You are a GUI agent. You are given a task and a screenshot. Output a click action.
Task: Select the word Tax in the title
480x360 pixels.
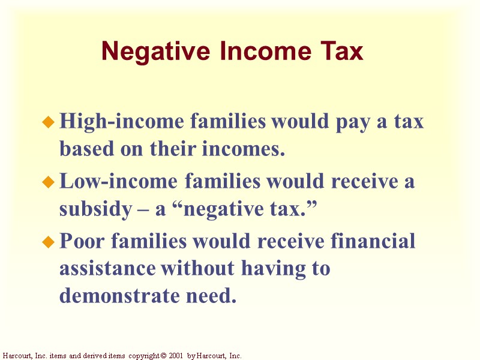point(342,52)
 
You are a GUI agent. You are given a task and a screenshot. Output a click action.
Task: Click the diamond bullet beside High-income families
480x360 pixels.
point(49,123)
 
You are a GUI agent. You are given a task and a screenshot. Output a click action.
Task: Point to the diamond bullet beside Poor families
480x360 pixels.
point(49,242)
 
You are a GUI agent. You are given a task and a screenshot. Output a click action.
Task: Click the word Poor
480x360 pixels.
point(82,241)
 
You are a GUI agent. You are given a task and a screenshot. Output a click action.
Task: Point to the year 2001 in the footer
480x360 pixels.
point(175,356)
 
